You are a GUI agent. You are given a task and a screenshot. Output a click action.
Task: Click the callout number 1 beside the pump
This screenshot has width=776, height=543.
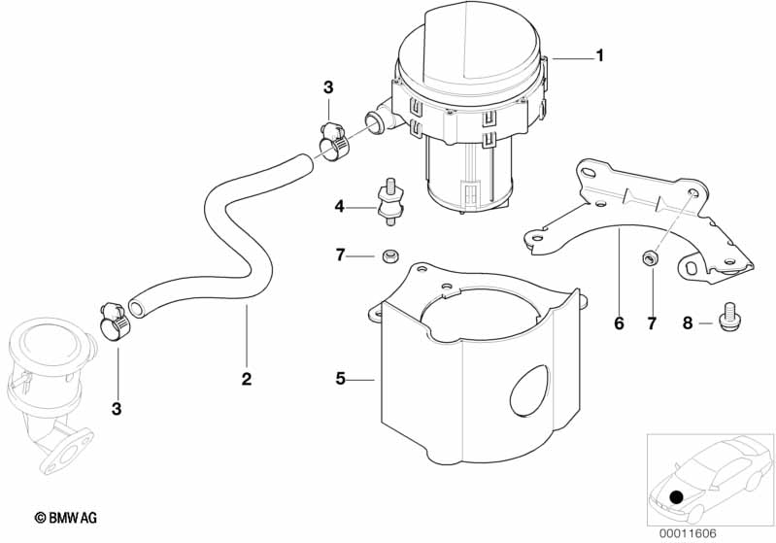(x=600, y=55)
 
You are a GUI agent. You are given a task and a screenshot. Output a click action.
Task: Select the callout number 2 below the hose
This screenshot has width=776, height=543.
(x=247, y=379)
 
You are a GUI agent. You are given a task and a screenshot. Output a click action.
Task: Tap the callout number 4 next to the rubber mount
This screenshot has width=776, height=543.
(x=339, y=206)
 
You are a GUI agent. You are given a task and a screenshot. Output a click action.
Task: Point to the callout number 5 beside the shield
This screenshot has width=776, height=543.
(x=340, y=379)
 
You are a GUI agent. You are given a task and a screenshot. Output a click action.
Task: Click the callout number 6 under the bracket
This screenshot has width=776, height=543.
(x=619, y=323)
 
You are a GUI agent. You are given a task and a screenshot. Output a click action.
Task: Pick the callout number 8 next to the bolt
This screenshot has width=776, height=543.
(x=688, y=323)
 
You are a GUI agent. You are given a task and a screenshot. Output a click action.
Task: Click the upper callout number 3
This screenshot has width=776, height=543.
(x=328, y=87)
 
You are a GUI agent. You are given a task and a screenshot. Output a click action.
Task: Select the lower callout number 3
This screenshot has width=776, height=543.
(x=117, y=409)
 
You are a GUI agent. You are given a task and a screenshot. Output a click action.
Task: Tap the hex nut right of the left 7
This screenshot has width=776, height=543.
(x=389, y=256)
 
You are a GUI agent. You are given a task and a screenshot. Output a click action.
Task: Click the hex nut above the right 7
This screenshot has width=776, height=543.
(x=649, y=257)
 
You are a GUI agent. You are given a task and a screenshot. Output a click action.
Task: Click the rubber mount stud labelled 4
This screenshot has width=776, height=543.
(x=390, y=201)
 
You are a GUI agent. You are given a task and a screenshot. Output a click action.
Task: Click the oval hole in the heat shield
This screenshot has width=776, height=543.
(x=529, y=390)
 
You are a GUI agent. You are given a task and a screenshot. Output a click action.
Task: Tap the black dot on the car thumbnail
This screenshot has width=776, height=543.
(x=676, y=496)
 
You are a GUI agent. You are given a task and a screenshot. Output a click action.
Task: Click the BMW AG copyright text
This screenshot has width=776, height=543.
(x=66, y=518)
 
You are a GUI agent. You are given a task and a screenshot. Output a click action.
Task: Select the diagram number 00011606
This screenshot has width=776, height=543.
(x=688, y=533)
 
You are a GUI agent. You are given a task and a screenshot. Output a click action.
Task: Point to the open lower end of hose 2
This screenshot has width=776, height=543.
(x=137, y=308)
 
